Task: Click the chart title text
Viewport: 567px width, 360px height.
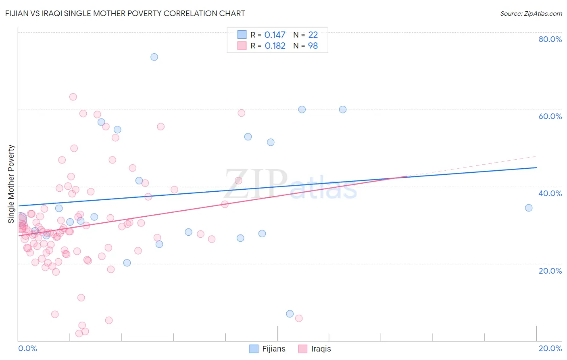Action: coord(125,13)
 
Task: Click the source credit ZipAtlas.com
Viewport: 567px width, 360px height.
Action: coord(531,13)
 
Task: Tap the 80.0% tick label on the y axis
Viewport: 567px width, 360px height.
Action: coord(550,39)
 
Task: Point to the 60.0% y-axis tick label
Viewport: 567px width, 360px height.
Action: coord(550,116)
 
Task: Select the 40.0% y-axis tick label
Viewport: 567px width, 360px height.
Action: coord(550,193)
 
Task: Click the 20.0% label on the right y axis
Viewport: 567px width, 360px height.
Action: coord(550,271)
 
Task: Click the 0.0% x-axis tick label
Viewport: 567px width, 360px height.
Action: coord(27,348)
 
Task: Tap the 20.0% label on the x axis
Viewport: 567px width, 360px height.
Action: coord(550,348)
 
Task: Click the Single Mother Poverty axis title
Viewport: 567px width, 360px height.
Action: coord(11,184)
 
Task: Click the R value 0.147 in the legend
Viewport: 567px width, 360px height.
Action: coord(275,35)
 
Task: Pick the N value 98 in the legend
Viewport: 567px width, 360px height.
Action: coord(313,46)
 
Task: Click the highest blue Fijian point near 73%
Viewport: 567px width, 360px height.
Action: coord(154,57)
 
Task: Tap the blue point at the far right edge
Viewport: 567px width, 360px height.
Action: coord(529,208)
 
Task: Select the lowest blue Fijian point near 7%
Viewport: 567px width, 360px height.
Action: coord(290,314)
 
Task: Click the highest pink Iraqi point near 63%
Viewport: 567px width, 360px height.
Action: coord(73,97)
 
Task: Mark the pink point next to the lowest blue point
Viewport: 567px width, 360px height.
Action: coord(299,318)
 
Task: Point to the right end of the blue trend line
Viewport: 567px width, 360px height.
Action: coord(536,167)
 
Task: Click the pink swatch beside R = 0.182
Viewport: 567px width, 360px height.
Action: coord(242,46)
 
